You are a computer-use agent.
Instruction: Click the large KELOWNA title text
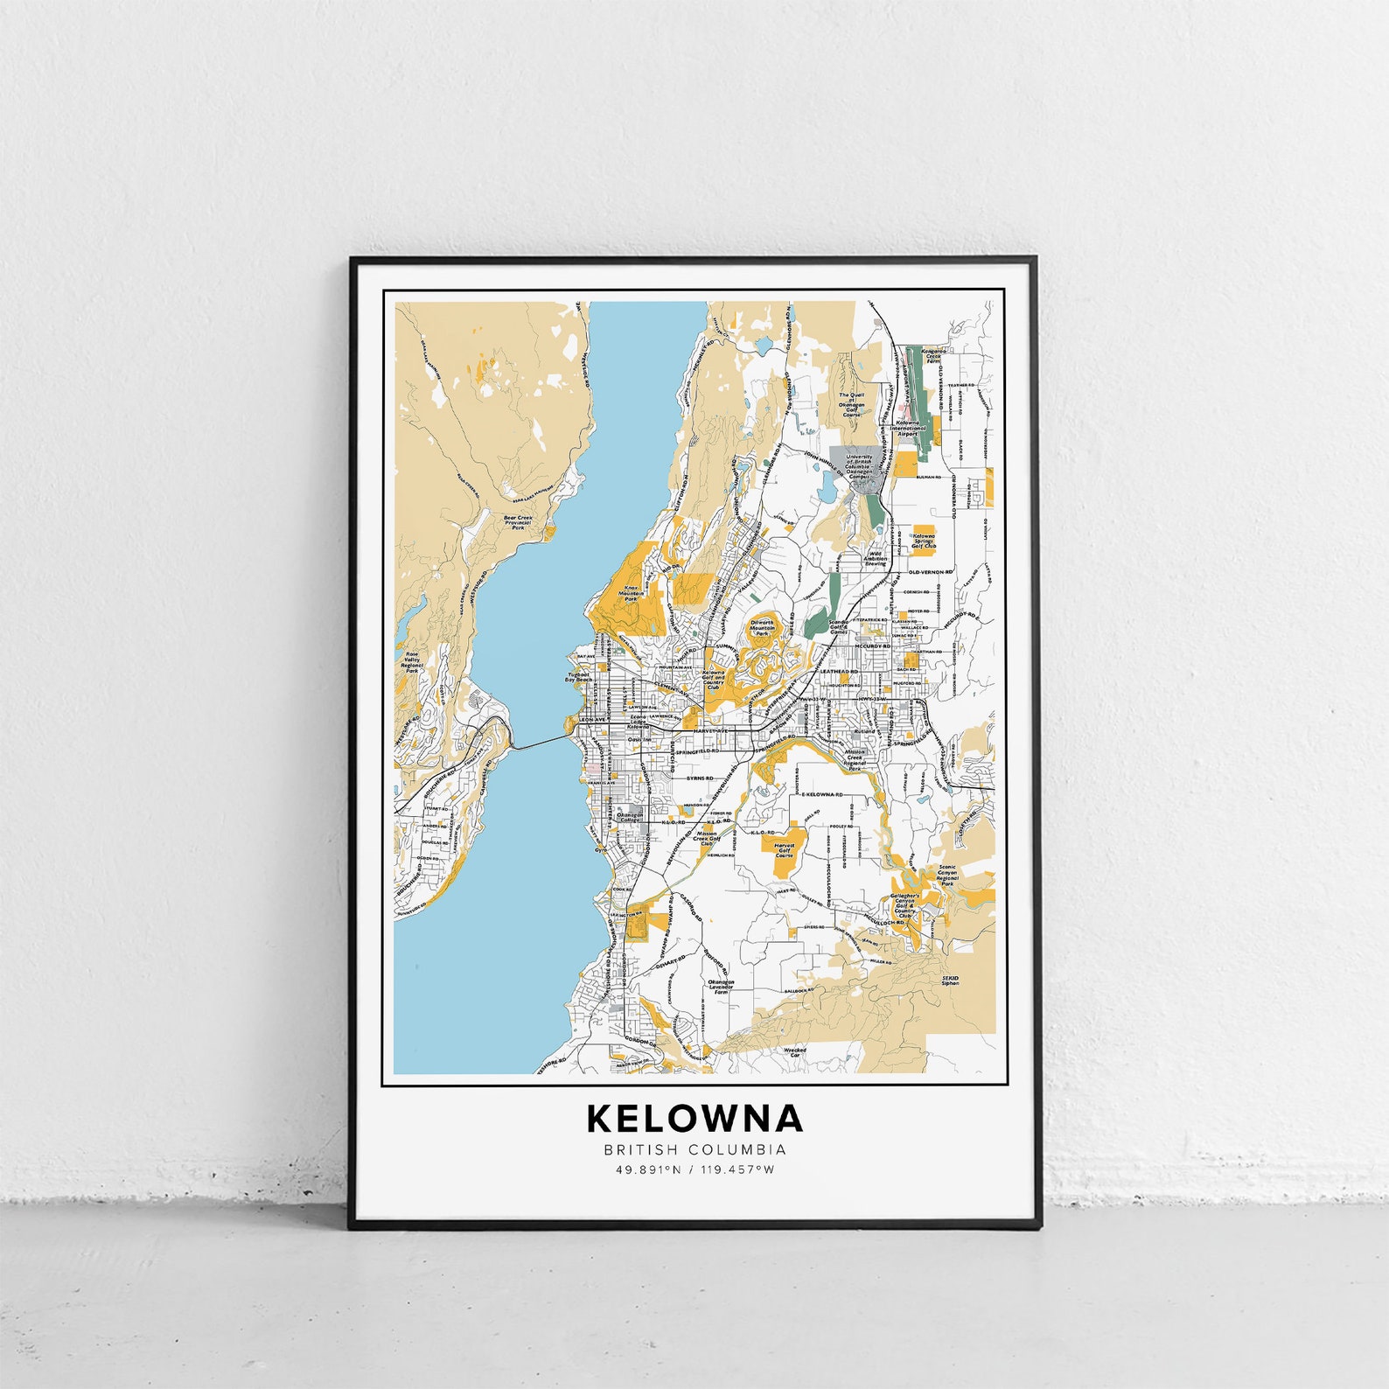694,1118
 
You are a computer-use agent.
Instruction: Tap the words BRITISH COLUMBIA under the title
694,1150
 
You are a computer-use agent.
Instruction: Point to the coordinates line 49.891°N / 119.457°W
694,1169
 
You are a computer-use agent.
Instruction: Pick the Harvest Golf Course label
785,849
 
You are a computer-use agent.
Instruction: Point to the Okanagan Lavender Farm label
721,987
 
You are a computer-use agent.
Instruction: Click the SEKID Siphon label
950,981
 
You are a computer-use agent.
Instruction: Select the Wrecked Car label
794,1052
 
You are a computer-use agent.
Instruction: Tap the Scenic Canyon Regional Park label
947,876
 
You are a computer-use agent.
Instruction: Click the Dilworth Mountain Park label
762,627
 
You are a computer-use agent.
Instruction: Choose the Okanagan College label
630,817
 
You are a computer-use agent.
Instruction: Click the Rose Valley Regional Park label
412,662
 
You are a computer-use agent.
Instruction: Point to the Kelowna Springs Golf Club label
924,541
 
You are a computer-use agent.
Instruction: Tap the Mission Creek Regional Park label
855,757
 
